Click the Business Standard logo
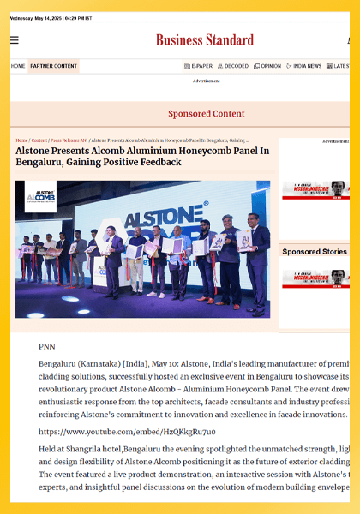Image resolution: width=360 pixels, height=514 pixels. pyautogui.click(x=205, y=40)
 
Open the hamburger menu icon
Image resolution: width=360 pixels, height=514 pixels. pyautogui.click(x=15, y=40)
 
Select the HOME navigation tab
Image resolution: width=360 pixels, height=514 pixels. pyautogui.click(x=18, y=66)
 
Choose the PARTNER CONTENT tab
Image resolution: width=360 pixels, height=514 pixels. pyautogui.click(x=53, y=66)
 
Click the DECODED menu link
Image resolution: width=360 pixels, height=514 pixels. pyautogui.click(x=232, y=66)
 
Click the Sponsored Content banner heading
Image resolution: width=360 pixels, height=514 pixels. pyautogui.click(x=206, y=114)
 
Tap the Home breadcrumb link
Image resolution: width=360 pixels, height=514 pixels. pyautogui.click(x=21, y=140)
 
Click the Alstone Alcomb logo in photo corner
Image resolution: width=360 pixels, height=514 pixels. pyautogui.click(x=39, y=196)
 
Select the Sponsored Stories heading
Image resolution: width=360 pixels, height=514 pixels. pyautogui.click(x=315, y=252)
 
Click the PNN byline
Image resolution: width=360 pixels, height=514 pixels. pyautogui.click(x=47, y=347)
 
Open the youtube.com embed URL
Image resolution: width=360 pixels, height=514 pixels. pyautogui.click(x=127, y=433)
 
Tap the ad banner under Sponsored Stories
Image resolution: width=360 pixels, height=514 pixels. pyautogui.click(x=315, y=278)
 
